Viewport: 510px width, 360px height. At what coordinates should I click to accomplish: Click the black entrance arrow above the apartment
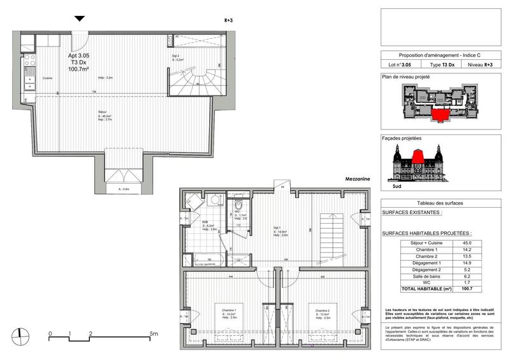click(x=78, y=19)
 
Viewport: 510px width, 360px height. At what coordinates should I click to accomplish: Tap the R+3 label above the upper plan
click(x=229, y=20)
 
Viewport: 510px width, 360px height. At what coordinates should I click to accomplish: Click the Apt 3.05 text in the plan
click(x=78, y=55)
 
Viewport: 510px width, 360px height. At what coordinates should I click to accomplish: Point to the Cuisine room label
click(x=47, y=78)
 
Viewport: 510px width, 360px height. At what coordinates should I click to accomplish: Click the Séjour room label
click(x=102, y=112)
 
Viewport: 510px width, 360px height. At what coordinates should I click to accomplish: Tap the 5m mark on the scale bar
click(x=153, y=333)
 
